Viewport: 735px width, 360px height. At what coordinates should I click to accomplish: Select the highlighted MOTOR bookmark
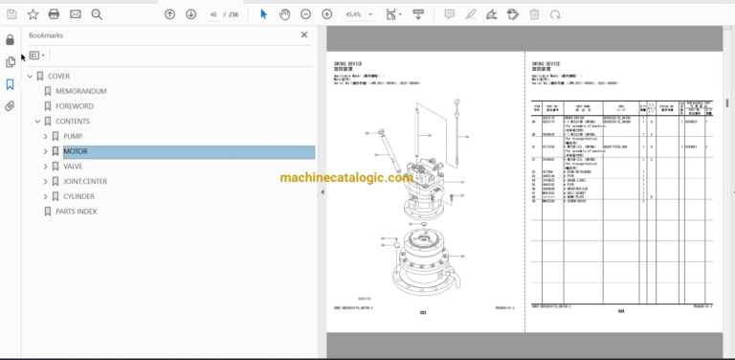click(77, 151)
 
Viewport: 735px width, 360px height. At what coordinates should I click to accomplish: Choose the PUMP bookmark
click(74, 136)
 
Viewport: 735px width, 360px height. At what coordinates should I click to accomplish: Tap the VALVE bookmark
click(75, 167)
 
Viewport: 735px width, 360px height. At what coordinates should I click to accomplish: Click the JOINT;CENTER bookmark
click(87, 181)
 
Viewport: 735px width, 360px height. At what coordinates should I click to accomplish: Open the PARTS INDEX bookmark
click(76, 212)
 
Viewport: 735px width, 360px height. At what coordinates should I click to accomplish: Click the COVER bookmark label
click(58, 76)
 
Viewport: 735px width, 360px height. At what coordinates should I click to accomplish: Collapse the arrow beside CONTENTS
click(36, 122)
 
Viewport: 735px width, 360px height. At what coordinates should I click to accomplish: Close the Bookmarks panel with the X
click(304, 34)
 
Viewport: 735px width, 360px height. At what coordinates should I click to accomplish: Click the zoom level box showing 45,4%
click(354, 14)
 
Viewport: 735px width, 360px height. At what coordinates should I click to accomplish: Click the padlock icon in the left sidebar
click(11, 40)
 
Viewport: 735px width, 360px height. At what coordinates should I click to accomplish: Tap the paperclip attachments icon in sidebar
click(11, 105)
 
